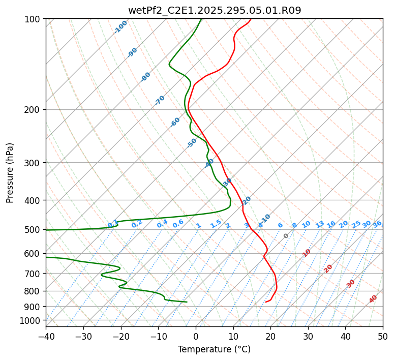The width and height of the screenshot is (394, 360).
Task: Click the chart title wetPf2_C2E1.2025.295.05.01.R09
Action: coord(215,11)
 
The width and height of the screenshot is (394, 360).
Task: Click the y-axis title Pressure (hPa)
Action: coord(10,173)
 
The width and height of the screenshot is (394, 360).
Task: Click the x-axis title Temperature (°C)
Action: coord(214,349)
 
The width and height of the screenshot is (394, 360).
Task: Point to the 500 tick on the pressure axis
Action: coord(34,230)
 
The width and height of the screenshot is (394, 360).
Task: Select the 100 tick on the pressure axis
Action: coord(34,19)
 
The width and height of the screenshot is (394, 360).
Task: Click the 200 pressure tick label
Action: coord(34,109)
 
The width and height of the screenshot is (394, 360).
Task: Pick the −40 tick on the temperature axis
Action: coord(46,336)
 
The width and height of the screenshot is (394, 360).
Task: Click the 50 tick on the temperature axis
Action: coord(383,336)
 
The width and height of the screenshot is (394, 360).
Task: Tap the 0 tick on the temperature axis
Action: coord(196,336)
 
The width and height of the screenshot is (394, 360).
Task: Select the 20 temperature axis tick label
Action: coord(270,336)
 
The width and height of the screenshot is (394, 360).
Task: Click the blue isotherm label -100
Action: coord(120,27)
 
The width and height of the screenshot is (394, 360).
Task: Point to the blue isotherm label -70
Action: coord(160,100)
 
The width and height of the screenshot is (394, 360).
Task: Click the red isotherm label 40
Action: coord(373,299)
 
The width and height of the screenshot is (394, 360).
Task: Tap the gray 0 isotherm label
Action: coord(286,236)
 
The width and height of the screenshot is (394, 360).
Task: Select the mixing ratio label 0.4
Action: coord(162,224)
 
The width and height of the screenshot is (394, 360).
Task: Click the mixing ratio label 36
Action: coord(377,224)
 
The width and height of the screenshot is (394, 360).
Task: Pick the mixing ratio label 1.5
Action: coord(216,224)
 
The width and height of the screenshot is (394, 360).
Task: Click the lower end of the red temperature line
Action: coord(265,302)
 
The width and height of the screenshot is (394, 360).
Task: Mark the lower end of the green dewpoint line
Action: coord(187,302)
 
